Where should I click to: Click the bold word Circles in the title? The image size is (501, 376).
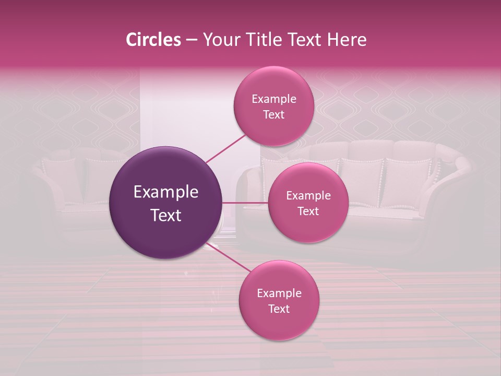click(153, 40)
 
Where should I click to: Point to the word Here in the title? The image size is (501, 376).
click(347, 40)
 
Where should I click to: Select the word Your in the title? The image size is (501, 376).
click(219, 40)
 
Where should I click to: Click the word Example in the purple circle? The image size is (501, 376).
click(166, 192)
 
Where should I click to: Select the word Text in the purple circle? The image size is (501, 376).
click(166, 215)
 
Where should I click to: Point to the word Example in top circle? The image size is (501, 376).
click(274, 99)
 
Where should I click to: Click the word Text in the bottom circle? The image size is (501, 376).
click(279, 309)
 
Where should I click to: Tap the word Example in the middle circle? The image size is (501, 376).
click(308, 195)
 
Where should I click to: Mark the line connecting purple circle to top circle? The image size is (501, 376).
click(225, 148)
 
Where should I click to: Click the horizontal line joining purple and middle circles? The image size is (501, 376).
click(244, 203)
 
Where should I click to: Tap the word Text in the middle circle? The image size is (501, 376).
click(308, 211)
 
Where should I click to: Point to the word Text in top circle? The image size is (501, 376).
click(273, 114)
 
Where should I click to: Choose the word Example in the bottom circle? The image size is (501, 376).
click(279, 293)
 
